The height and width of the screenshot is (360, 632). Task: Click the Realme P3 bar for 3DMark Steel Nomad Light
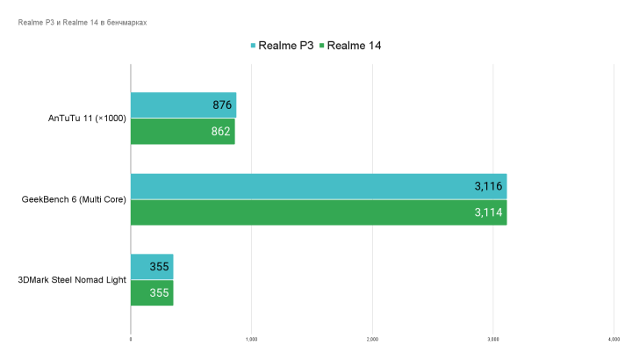[152, 267]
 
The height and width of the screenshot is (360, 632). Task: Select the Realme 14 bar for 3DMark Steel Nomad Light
[152, 293]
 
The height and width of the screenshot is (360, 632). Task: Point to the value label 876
[222, 105]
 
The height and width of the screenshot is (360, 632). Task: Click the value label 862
[221, 132]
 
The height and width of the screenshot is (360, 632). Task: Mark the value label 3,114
[489, 212]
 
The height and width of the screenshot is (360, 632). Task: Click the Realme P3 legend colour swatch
[253, 45]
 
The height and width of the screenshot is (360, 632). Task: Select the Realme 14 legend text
[355, 45]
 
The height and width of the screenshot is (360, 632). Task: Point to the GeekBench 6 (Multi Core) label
[74, 199]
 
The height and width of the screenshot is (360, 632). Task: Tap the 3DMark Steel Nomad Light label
[72, 280]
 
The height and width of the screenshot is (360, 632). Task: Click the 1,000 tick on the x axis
[251, 340]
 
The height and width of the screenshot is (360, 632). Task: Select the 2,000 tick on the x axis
[372, 340]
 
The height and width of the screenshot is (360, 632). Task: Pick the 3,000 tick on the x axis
[492, 340]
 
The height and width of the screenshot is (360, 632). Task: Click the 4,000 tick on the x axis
[613, 340]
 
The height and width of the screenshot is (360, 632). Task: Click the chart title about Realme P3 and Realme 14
[82, 23]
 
